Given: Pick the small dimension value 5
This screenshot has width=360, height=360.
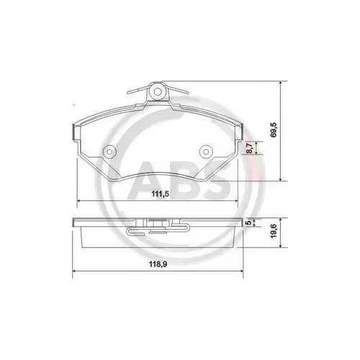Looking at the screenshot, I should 249,223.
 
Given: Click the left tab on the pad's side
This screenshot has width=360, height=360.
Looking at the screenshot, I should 73,131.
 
